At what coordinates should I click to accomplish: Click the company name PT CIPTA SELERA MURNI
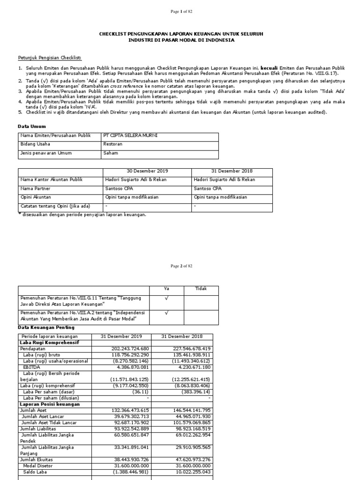tap(130, 136)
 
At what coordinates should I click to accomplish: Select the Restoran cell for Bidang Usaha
tap(112, 144)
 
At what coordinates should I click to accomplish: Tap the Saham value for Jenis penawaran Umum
tap(111, 153)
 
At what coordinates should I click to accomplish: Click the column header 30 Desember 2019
tap(147, 172)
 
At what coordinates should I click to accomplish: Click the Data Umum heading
tap(31, 127)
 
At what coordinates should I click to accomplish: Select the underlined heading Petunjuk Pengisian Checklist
tap(50, 58)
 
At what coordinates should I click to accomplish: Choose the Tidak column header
tap(201, 289)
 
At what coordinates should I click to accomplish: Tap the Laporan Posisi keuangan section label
tap(49, 404)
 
